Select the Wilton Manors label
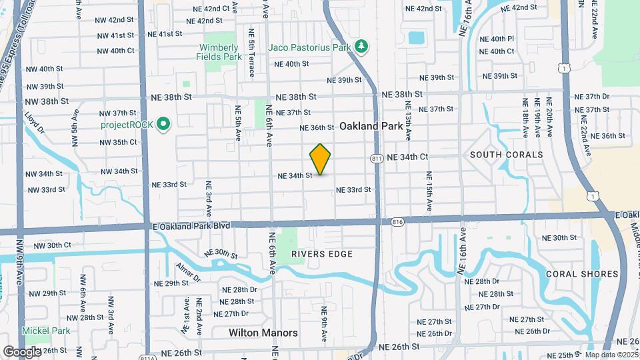[263, 332]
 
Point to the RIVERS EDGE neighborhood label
[322, 254]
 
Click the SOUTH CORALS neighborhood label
[507, 155]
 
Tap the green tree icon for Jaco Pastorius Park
[361, 46]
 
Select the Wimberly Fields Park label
[219, 52]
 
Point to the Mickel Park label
[45, 331]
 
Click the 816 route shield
[398, 221]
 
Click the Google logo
[21, 351]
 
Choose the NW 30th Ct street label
[52, 246]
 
